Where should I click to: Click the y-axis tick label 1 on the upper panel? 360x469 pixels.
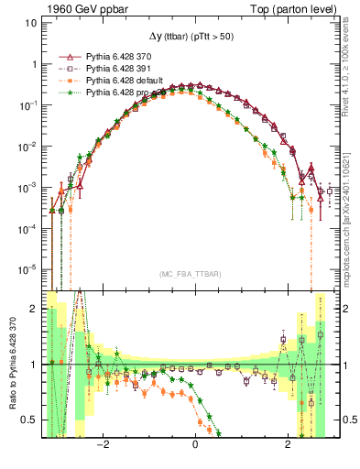[x=34, y=65]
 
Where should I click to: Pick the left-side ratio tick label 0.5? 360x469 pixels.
[x=30, y=420]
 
